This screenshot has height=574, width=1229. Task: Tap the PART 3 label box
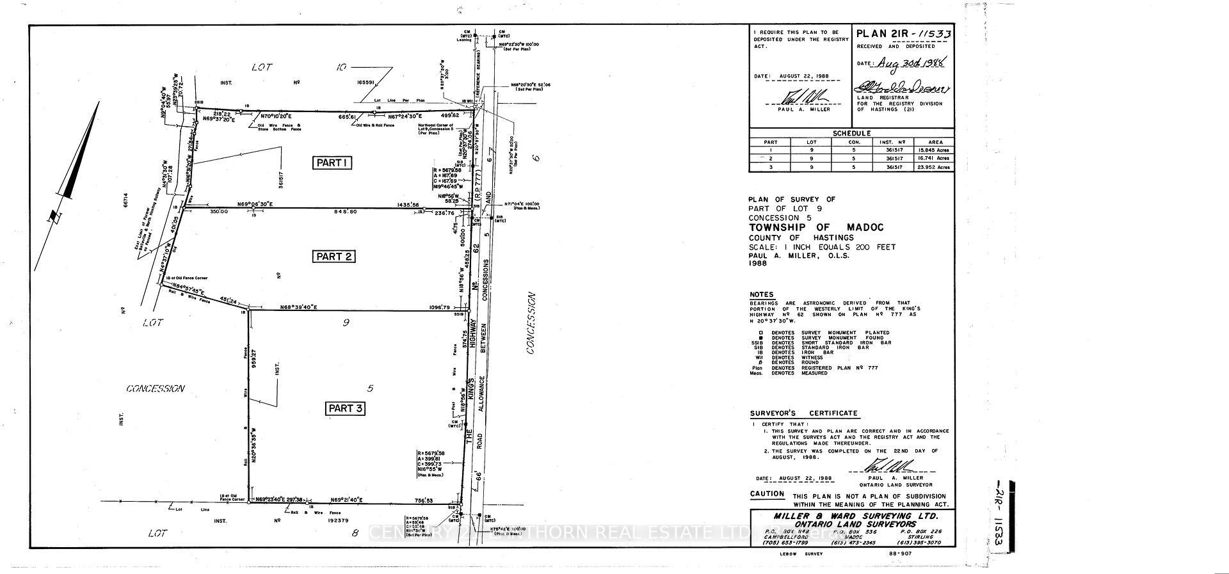(346, 408)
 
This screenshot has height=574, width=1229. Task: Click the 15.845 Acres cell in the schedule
(933, 150)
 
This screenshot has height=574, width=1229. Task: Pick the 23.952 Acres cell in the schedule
(933, 167)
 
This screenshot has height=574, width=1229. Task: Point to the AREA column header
(933, 142)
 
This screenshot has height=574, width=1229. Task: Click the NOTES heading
(762, 294)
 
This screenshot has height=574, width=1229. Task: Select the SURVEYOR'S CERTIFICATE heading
(804, 413)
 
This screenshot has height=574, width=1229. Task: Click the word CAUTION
(767, 494)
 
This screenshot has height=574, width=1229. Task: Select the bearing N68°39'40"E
(299, 308)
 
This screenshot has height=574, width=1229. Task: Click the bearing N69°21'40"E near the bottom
(347, 500)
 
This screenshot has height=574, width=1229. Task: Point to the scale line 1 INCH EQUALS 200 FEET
(822, 247)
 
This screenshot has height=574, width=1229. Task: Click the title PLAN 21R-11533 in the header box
(903, 34)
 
